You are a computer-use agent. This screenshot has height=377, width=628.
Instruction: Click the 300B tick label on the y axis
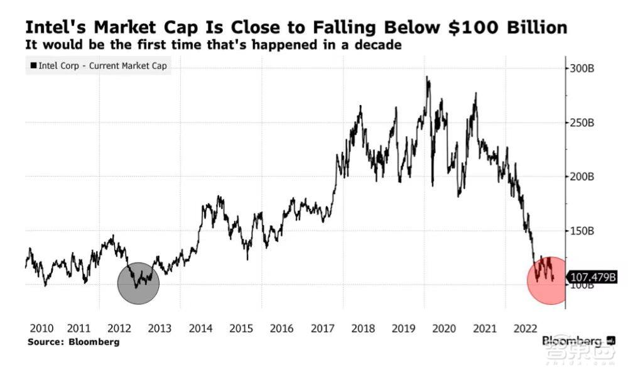[x=581, y=68]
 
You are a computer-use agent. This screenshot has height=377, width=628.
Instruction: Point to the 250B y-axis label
[x=581, y=123]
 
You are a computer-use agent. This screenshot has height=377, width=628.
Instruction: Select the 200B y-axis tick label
[x=581, y=177]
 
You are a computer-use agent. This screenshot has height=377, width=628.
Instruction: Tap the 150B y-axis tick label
[x=581, y=231]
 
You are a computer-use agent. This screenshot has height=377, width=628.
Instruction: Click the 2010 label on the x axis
[x=41, y=328]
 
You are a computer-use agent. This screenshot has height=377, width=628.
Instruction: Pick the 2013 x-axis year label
[x=160, y=328]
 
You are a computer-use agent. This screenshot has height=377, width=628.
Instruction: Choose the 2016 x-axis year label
[x=281, y=328]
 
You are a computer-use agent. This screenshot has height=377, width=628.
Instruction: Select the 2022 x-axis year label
[x=525, y=328]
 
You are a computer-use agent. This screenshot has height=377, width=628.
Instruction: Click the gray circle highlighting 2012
[x=138, y=283]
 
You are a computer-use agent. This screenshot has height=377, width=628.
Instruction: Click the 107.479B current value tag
[x=592, y=276]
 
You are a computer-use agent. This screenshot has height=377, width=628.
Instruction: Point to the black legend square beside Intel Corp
[x=33, y=65]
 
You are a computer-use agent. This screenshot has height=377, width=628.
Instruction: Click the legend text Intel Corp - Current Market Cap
[x=103, y=65]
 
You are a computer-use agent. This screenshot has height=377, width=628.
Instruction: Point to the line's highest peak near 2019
[x=428, y=77]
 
